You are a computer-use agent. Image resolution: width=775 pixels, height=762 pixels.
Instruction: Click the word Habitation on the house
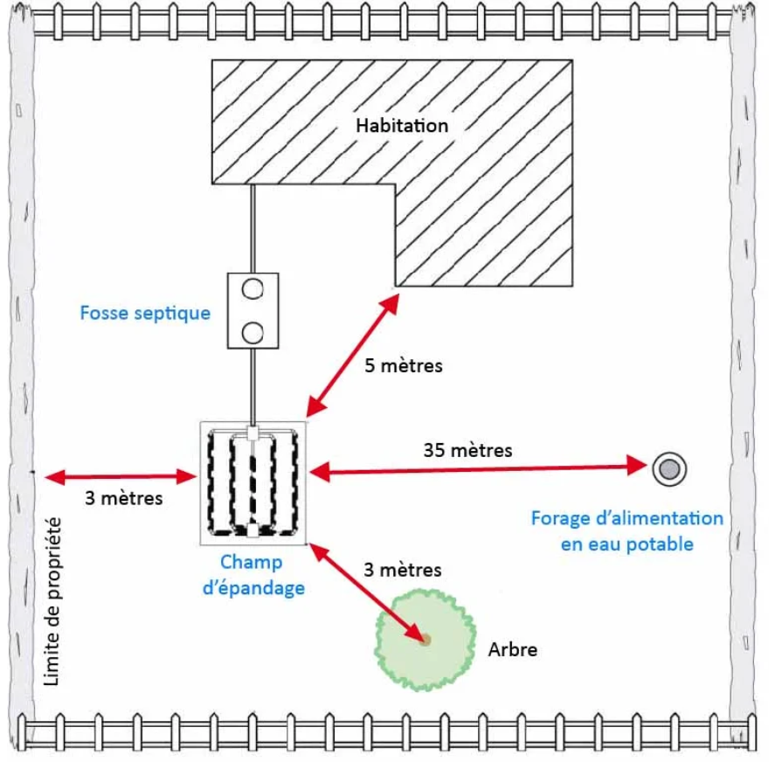401,125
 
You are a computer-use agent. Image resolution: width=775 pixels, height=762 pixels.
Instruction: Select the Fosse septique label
145,312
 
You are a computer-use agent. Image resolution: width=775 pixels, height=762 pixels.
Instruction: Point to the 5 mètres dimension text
404,365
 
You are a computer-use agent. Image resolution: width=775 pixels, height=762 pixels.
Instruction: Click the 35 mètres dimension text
467,451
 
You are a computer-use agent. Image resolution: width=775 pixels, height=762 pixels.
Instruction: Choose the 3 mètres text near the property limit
124,499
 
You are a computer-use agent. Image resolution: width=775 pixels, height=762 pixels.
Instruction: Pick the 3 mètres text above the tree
403,570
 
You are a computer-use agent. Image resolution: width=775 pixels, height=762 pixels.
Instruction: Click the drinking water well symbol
669,469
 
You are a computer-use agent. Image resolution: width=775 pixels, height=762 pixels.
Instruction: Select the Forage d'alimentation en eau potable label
626,530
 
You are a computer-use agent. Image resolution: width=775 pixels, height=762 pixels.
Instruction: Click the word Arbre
513,649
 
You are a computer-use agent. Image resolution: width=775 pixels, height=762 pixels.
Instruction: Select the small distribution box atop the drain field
252,433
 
